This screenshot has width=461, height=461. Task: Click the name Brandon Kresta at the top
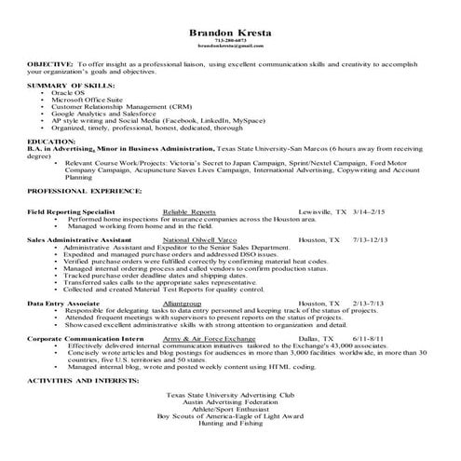tap(230, 31)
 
